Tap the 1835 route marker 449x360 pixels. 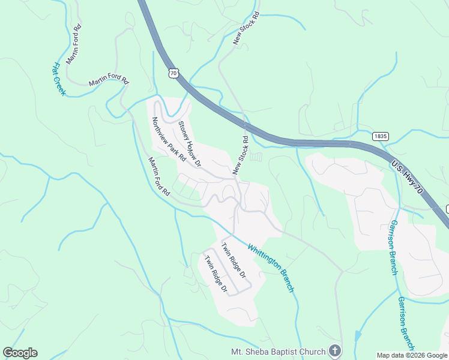tap(379, 136)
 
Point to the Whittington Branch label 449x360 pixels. tap(271, 268)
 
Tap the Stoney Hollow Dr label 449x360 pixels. tap(190, 144)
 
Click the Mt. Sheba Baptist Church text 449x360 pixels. tap(278, 351)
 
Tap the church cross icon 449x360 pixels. tap(336, 351)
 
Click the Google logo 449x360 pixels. tap(20, 353)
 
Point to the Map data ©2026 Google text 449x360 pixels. tap(412, 355)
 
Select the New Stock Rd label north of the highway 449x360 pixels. tap(246, 27)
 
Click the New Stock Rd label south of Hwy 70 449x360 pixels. tap(241, 155)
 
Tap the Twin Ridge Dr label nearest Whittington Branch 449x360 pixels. tap(234, 260)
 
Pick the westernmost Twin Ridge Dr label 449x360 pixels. tap(215, 275)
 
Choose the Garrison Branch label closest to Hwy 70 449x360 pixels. tap(393, 246)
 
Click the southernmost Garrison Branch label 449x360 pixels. tap(406, 323)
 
